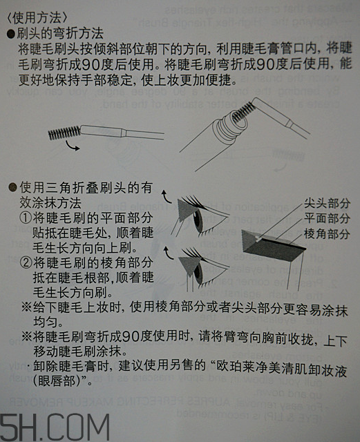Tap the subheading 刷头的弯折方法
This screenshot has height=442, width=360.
pos(59,32)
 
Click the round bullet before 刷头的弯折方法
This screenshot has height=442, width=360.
pos(10,32)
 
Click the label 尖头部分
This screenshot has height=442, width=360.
pos(326,204)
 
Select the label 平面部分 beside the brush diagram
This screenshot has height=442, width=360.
pos(326,220)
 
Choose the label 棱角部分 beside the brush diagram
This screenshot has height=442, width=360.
pos(326,235)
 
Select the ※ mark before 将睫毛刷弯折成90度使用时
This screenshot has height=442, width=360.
pos(26,338)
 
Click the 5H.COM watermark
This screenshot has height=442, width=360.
pos(55,423)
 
